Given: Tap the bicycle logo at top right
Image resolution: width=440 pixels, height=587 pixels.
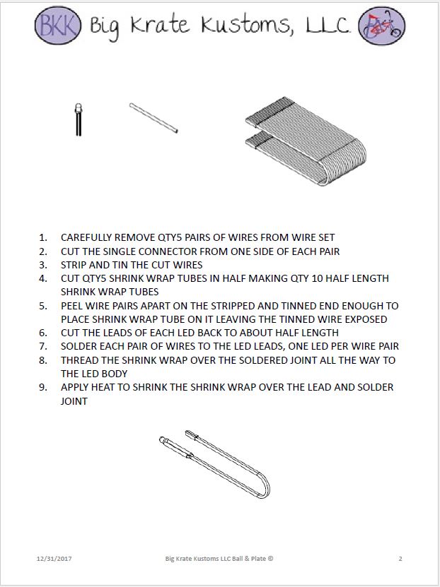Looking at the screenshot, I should [383, 26].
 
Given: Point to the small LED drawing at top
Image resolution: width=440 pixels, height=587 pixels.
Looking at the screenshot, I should [78, 119].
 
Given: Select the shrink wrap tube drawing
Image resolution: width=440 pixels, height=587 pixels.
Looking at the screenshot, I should [154, 118].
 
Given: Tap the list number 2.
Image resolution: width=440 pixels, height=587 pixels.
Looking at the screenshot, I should [43, 251].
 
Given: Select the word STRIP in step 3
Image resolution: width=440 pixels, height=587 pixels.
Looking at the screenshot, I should [74, 265].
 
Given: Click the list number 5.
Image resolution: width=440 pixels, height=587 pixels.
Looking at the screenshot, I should [43, 306].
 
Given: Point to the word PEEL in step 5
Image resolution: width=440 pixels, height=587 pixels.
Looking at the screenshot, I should [73, 306].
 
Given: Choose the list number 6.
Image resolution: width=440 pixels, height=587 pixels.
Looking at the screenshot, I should [43, 333].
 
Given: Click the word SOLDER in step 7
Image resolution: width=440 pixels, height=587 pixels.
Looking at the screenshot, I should [80, 346].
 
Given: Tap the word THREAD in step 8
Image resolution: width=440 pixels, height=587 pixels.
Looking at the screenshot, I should [80, 360].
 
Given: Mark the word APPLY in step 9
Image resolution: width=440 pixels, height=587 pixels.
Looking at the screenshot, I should [76, 387].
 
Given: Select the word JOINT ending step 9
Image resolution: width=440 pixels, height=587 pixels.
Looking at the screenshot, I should [75, 401].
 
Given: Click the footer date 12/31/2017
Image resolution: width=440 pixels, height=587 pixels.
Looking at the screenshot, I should [54, 559].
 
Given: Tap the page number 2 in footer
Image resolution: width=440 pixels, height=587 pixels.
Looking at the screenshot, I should [400, 559].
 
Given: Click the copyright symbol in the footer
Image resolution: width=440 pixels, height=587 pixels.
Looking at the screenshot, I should [270, 559].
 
